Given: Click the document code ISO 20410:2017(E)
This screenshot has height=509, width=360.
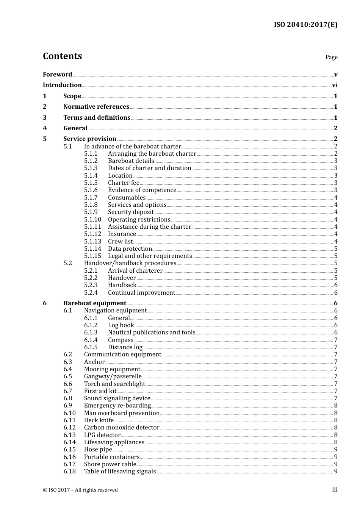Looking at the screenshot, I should click(305, 25).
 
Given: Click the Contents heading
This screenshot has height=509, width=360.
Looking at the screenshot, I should click(62, 56).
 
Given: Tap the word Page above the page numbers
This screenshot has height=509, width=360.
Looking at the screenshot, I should click(331, 57).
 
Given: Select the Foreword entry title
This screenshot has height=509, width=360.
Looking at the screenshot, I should click(57, 75).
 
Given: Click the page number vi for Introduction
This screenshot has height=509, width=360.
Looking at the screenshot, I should click(335, 85).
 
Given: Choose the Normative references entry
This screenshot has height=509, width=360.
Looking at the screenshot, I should click(96, 107).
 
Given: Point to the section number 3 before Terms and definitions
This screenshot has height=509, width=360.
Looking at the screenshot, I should click(45, 118).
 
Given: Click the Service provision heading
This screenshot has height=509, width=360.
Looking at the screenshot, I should click(90, 139).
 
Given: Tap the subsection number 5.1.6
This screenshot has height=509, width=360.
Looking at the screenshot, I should click(91, 190).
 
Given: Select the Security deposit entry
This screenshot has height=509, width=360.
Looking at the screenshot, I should click(131, 212).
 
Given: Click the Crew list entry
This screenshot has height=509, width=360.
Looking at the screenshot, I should click(120, 242).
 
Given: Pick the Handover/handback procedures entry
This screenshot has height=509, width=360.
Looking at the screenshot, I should click(130, 263).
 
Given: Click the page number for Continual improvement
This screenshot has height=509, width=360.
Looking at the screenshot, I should click(336, 293).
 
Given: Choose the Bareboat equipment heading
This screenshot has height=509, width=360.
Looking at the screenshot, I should click(95, 303).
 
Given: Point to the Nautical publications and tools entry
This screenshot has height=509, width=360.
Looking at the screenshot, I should click(152, 333).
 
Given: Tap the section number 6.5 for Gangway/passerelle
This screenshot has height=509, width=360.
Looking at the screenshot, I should click(68, 376).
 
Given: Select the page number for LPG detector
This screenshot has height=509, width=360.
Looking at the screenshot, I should click(336, 435).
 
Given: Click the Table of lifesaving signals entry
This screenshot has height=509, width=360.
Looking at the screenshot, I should click(120, 472).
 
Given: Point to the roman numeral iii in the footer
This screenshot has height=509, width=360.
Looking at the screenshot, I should click(335, 490).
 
